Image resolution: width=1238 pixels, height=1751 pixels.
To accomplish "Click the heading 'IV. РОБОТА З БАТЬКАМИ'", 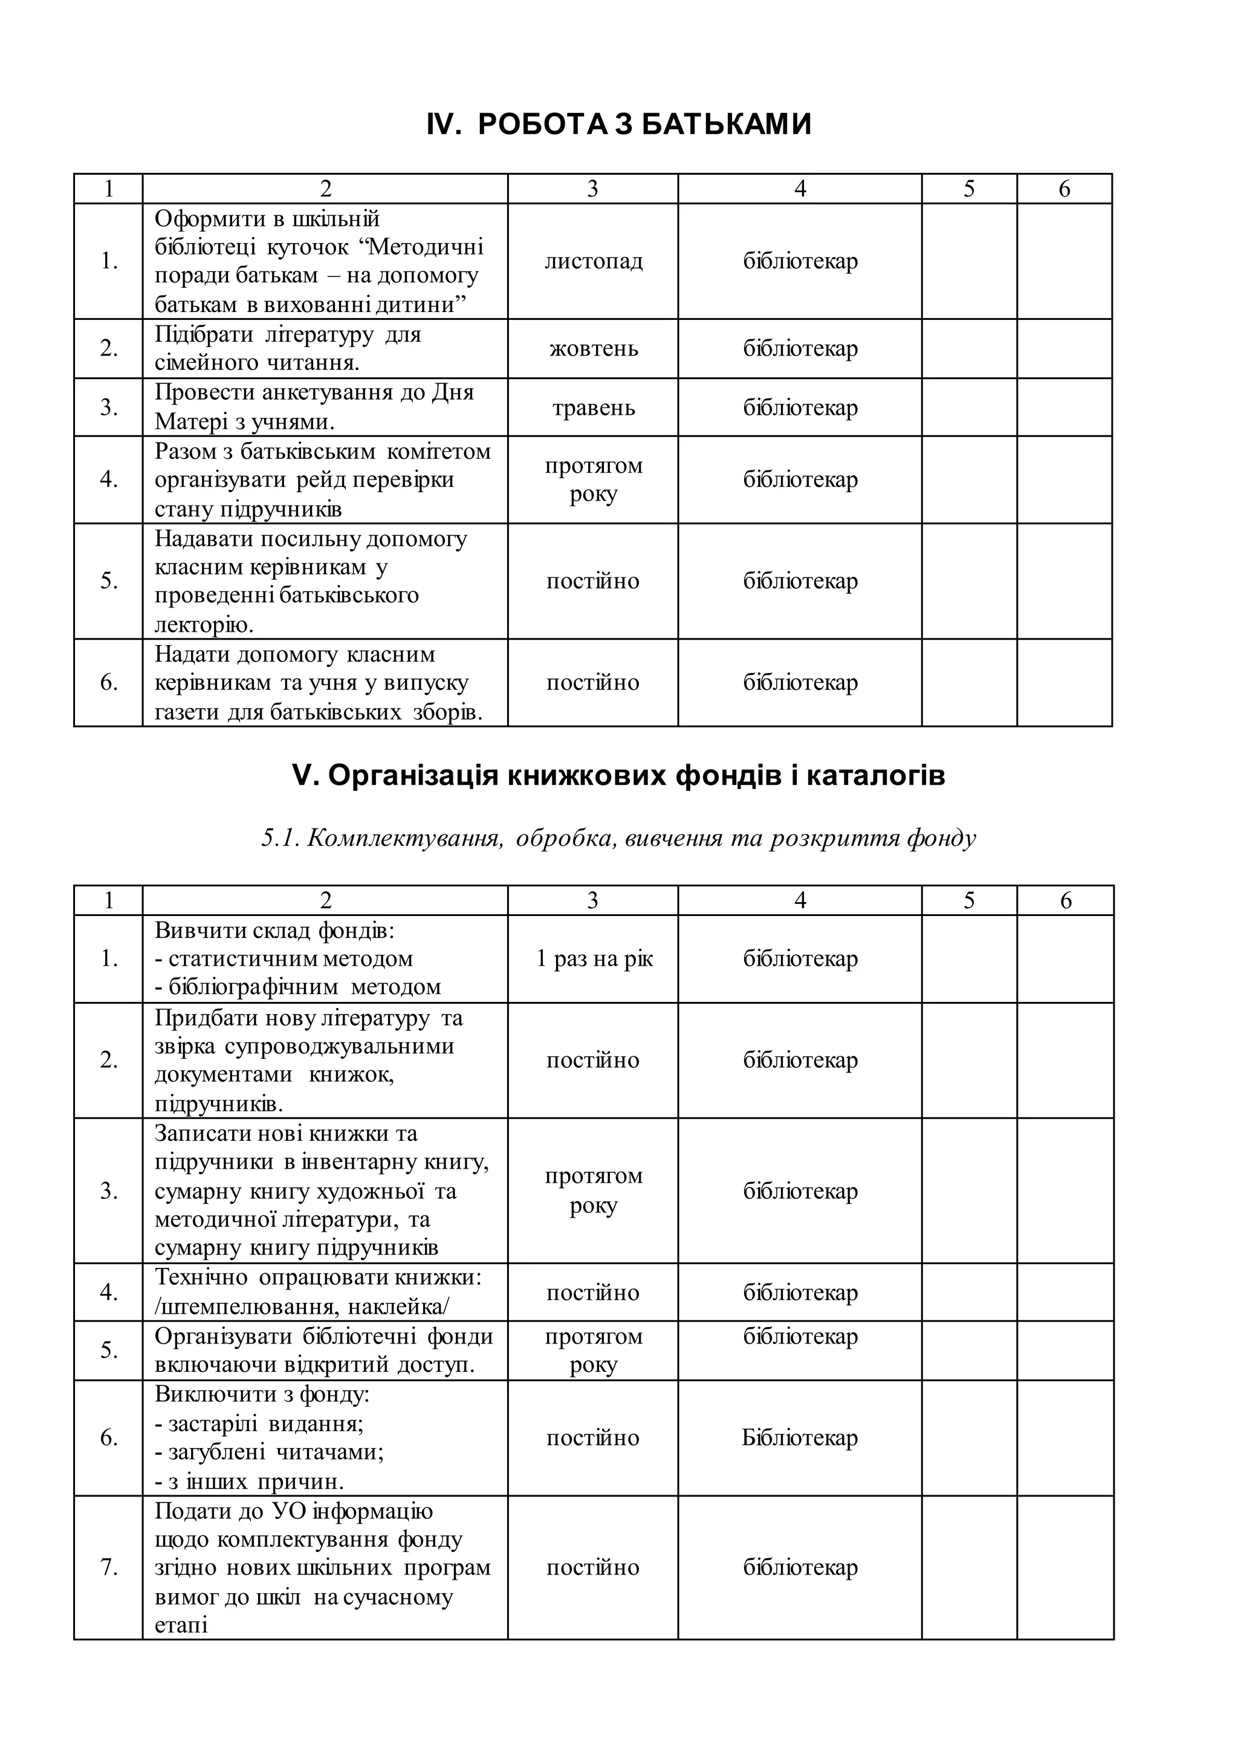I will pyautogui.click(x=618, y=125).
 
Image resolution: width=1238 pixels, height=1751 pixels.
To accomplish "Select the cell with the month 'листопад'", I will pyautogui.click(x=593, y=262).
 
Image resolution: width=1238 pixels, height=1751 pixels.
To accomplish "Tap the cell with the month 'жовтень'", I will pyautogui.click(x=593, y=349).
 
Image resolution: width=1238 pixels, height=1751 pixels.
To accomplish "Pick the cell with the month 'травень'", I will pyautogui.click(x=593, y=408).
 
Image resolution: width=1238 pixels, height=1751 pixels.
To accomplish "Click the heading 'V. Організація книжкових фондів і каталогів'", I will pyautogui.click(x=618, y=776).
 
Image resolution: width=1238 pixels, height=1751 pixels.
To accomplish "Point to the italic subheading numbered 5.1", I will pyautogui.click(x=618, y=838).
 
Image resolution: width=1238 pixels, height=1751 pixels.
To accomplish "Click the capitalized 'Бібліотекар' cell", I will pyautogui.click(x=800, y=1438).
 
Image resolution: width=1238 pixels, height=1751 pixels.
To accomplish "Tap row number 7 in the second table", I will pyautogui.click(x=108, y=1568).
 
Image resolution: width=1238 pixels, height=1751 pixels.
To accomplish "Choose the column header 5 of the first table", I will pyautogui.click(x=968, y=189).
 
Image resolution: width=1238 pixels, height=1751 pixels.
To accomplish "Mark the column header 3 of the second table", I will pyautogui.click(x=592, y=901).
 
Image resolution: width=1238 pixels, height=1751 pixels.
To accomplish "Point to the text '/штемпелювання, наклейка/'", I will pyautogui.click(x=302, y=1307).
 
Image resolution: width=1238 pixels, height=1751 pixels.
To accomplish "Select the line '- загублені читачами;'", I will pyautogui.click(x=269, y=1452).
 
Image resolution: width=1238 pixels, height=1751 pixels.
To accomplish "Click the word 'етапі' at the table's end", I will pyautogui.click(x=181, y=1625).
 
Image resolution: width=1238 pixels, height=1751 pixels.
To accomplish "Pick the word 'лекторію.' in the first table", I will pyautogui.click(x=204, y=625).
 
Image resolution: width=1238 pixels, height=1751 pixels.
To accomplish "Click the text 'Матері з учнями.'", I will pyautogui.click(x=245, y=422).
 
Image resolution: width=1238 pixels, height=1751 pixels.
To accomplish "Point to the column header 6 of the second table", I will pyautogui.click(x=1065, y=901).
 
